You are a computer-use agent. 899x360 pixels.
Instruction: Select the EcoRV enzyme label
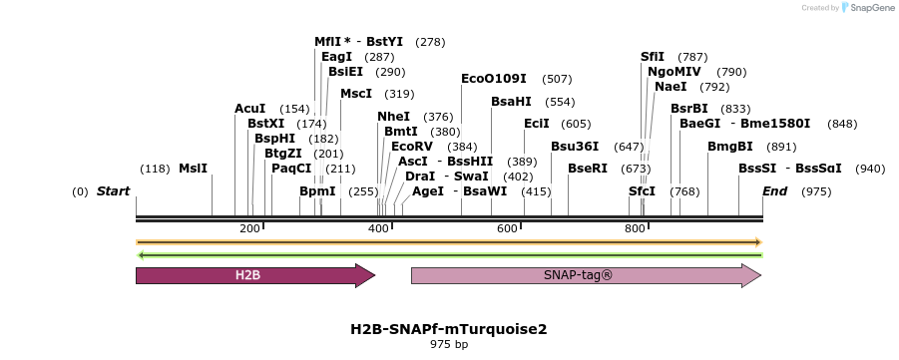coord(412,147)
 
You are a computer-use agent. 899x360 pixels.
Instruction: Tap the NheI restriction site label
coord(393,117)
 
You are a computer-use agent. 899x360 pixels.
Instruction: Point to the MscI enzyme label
coord(356,94)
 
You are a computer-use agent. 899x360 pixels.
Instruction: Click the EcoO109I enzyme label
coord(495,79)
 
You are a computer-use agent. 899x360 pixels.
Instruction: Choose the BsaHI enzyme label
coord(511,102)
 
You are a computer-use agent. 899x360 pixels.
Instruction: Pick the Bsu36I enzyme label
coord(575,147)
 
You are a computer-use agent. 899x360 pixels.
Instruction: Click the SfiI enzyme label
coord(653,57)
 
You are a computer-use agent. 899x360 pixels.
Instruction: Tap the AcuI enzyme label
coord(250,109)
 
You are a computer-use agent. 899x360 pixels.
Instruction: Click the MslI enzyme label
coord(193,169)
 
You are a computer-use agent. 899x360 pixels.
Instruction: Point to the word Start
coord(114,190)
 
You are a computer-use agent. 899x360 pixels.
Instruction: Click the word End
coord(775,190)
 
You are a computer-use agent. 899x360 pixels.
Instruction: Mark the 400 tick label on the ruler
coord(378,228)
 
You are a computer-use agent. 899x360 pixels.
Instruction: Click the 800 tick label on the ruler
coord(636,228)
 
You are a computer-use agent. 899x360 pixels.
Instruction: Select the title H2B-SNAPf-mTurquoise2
coord(448,328)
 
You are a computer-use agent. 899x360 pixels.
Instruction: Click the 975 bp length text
coord(448,344)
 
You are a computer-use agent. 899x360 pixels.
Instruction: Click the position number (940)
coord(870,169)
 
